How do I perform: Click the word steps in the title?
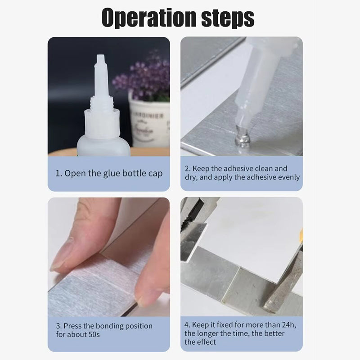tap(229, 18)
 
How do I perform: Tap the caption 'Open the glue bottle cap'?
tap(113, 173)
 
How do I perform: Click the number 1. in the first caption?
tap(58, 173)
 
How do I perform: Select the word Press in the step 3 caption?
tap(72, 326)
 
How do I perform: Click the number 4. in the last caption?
tap(187, 324)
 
